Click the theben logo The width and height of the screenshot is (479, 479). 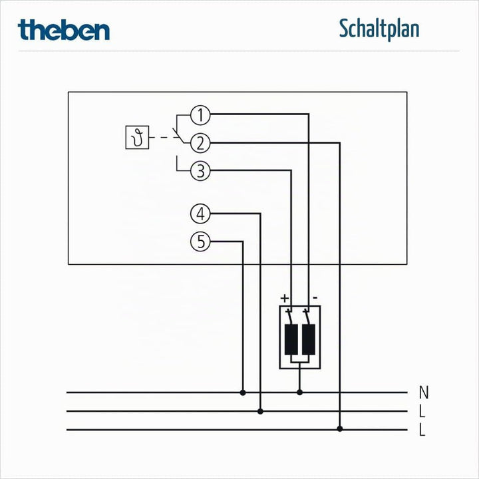(x=64, y=30)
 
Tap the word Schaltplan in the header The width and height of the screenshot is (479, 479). (x=379, y=29)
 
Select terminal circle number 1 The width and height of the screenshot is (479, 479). (x=200, y=115)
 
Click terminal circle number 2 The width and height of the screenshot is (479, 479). (x=200, y=143)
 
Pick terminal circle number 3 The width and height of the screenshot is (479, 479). (x=200, y=171)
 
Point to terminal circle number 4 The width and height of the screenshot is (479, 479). (x=200, y=214)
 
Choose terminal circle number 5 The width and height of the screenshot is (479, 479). (x=200, y=241)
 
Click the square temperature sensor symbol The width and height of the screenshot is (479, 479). (x=137, y=138)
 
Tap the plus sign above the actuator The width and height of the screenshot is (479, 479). (x=285, y=298)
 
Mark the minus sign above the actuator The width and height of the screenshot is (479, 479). (x=315, y=297)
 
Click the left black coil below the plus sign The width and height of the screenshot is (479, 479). (x=291, y=339)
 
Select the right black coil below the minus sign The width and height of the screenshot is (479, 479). (x=309, y=339)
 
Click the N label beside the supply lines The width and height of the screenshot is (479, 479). (x=424, y=393)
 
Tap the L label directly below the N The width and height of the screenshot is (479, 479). (x=422, y=411)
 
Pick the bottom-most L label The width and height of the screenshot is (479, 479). (x=422, y=430)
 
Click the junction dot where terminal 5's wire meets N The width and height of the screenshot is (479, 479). (x=243, y=393)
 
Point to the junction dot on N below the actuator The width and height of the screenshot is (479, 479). (x=299, y=393)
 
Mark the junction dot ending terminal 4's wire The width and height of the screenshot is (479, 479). (x=260, y=412)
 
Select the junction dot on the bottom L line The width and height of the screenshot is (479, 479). (x=340, y=429)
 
